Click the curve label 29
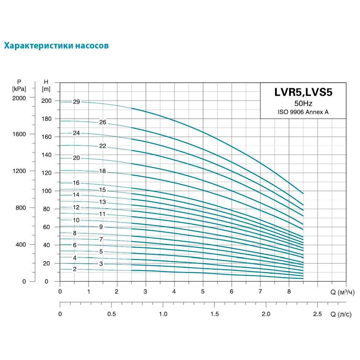[76, 102]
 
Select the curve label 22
[103, 146]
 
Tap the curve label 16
[76, 183]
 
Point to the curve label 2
[75, 269]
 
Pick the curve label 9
[101, 227]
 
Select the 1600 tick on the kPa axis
[19, 134]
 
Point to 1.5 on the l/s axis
[215, 314]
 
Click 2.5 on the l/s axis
[317, 314]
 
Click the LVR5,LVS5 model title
[303, 92]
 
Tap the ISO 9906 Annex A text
[303, 112]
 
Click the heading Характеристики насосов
[57, 46]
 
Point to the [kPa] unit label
[19, 89]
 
